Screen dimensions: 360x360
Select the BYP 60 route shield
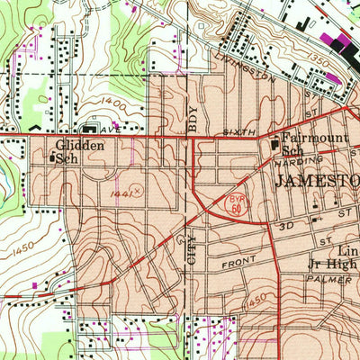coord(235,205)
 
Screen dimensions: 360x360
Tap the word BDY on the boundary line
coord(192,120)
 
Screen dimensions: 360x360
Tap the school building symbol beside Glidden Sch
coord(51,157)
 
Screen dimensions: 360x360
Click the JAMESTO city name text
coord(316,181)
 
